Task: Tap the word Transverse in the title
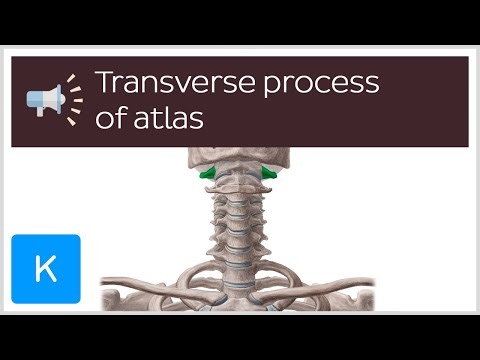166,82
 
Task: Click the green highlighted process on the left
209,177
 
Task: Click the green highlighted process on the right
270,177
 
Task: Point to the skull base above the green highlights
239,159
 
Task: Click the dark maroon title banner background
420,125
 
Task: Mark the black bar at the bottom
240,336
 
